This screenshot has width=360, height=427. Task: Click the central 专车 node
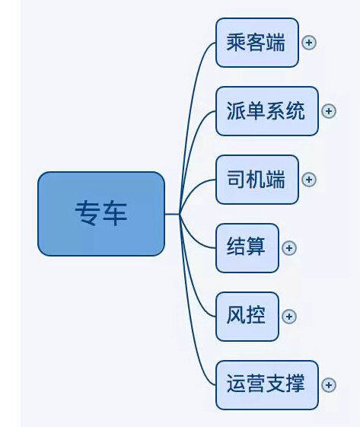coord(101,214)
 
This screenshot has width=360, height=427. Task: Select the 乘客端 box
coord(257,43)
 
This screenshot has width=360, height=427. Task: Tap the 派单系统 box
coord(267,111)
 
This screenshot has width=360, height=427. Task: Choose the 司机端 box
coord(257,180)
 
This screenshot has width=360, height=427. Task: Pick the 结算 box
coord(247,248)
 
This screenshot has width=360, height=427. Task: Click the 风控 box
coord(247,317)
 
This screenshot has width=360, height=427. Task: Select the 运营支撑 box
coord(267,385)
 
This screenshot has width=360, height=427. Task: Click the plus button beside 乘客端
coord(309,43)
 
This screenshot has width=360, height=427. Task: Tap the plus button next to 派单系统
coord(329,111)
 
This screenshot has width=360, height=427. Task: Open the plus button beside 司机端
coord(309,180)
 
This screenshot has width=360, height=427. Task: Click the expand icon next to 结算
coord(289,248)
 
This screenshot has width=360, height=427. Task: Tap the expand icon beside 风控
coord(289,317)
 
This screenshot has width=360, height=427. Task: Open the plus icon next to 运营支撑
coord(329,385)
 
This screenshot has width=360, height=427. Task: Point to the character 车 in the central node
coord(115,213)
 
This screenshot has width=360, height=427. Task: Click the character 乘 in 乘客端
coord(236,43)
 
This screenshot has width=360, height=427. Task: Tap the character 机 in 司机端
coord(256,180)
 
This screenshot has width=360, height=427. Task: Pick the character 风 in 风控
coord(236,315)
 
